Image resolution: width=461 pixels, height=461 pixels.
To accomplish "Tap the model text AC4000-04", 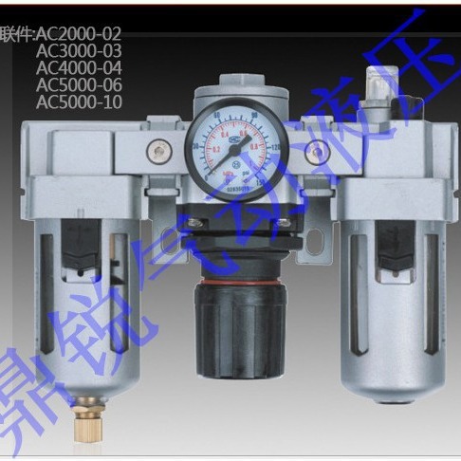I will (78, 68).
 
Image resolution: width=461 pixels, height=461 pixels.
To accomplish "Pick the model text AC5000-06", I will (78, 84).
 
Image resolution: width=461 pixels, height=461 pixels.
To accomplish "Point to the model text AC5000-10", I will (78, 101).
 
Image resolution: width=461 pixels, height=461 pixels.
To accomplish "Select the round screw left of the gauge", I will (156, 148).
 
